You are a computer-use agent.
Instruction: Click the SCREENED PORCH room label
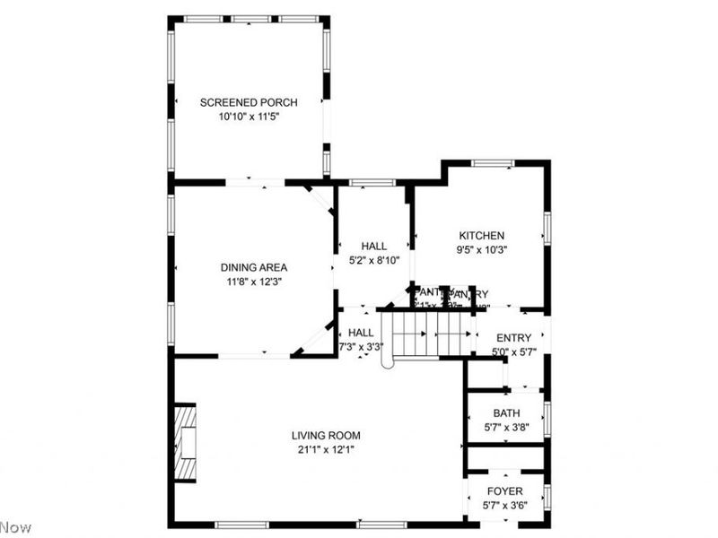point(249,102)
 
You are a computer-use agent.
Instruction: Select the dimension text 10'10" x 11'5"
point(249,117)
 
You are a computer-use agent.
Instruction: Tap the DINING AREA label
point(254,266)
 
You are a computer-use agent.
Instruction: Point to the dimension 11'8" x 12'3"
point(254,281)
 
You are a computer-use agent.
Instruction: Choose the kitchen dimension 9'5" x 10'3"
point(482,250)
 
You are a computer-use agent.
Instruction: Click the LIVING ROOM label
point(326,435)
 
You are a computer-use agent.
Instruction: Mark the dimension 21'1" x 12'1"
point(326,449)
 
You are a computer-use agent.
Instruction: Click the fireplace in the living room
point(185,444)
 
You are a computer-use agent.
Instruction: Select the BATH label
point(507,413)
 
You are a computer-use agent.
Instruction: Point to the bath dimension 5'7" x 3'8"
point(507,428)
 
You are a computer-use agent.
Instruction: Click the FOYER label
point(504,491)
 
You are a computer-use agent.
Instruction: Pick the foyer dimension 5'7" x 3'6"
point(504,506)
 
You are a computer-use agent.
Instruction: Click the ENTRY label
point(513,337)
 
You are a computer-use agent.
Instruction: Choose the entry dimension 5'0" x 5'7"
point(513,351)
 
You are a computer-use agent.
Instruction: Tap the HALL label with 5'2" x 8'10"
point(374,247)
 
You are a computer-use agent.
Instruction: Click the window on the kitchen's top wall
point(493,163)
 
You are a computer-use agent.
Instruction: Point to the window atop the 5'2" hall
point(372,183)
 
